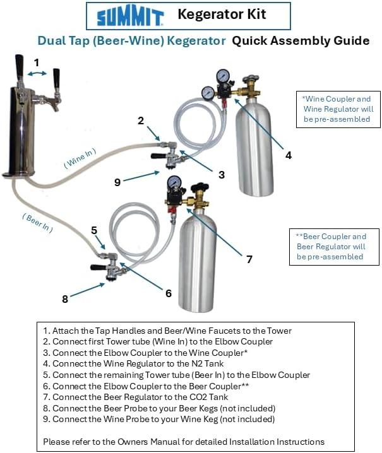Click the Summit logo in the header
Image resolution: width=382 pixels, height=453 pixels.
click(131, 16)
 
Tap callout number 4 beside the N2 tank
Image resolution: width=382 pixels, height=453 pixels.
click(289, 154)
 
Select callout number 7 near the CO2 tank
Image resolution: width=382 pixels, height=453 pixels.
click(249, 259)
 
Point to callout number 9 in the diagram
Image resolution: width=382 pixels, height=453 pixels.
click(117, 182)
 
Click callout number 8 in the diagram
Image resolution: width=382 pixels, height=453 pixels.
click(64, 299)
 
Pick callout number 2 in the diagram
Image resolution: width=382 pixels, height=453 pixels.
click(141, 120)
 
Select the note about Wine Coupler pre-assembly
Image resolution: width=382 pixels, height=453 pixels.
click(337, 109)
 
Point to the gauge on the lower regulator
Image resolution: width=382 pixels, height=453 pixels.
click(174, 184)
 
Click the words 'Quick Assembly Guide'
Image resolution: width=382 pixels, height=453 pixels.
click(301, 41)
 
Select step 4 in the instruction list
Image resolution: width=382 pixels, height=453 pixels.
click(143, 363)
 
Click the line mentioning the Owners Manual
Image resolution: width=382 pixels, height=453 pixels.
click(184, 442)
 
